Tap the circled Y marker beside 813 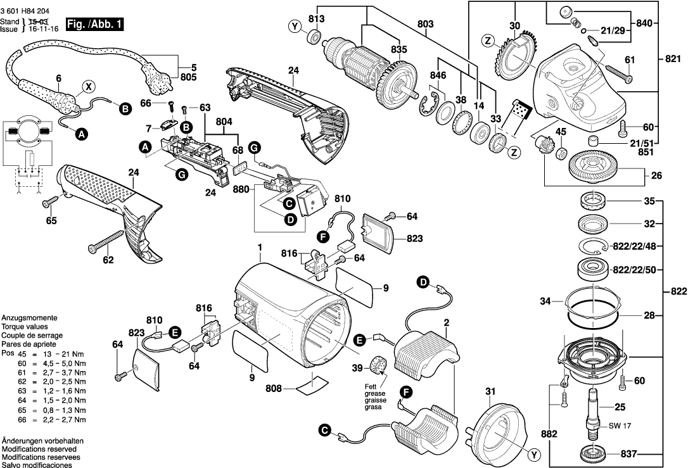294,27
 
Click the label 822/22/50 636,270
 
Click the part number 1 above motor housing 259,247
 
